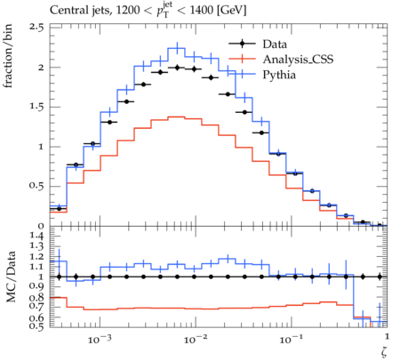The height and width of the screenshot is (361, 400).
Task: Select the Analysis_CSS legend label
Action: [x=298, y=60]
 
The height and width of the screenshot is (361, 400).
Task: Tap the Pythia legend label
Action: [x=279, y=75]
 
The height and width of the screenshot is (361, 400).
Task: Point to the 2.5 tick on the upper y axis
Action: [x=36, y=28]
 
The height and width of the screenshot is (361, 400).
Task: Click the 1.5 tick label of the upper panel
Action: [x=36, y=107]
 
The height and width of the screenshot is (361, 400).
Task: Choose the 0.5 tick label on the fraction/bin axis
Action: [x=36, y=186]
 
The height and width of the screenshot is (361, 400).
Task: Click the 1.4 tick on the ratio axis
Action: [x=36, y=237]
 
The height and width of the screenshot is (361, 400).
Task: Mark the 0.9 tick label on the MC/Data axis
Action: [x=36, y=286]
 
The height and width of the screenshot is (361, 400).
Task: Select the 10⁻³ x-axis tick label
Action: [x=100, y=339]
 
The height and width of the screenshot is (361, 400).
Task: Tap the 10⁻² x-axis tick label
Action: [x=196, y=339]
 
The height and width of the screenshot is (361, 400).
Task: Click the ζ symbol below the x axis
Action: [x=384, y=352]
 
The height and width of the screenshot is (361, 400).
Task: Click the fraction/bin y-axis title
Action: [x=8, y=56]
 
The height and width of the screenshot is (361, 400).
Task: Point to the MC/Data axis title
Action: [x=11, y=277]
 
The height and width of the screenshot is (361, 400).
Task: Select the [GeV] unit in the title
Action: [x=231, y=11]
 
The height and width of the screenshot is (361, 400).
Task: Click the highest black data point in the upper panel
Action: [x=178, y=68]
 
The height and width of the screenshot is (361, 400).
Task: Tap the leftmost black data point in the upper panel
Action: [x=59, y=209]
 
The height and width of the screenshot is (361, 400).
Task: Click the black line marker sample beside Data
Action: [x=242, y=44]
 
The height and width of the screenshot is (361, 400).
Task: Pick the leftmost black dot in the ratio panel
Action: [x=59, y=277]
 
